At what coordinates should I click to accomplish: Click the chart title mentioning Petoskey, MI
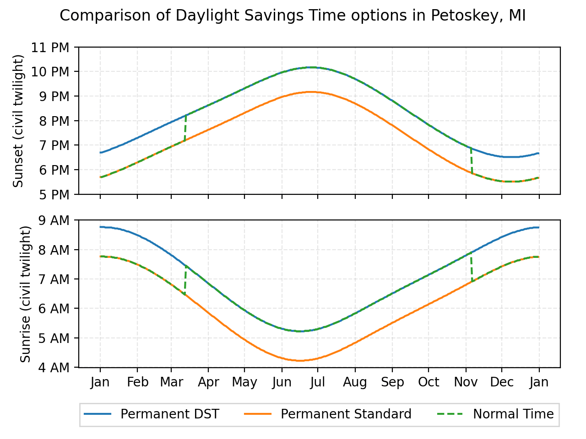[293, 16]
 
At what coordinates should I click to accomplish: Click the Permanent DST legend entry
[169, 414]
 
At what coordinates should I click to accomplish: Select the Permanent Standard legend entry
[346, 414]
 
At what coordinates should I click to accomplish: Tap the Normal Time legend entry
[513, 414]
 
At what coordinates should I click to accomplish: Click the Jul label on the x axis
[317, 382]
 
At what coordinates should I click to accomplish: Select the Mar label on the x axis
[171, 382]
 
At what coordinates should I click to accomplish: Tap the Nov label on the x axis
[466, 382]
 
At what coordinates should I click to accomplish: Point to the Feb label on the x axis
[137, 382]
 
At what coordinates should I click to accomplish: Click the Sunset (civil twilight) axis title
[18, 121]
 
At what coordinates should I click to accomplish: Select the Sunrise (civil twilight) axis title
[26, 294]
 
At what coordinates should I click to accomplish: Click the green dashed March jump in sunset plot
[185, 128]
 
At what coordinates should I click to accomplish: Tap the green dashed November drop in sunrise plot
[471, 268]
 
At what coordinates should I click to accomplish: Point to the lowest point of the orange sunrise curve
[300, 361]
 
